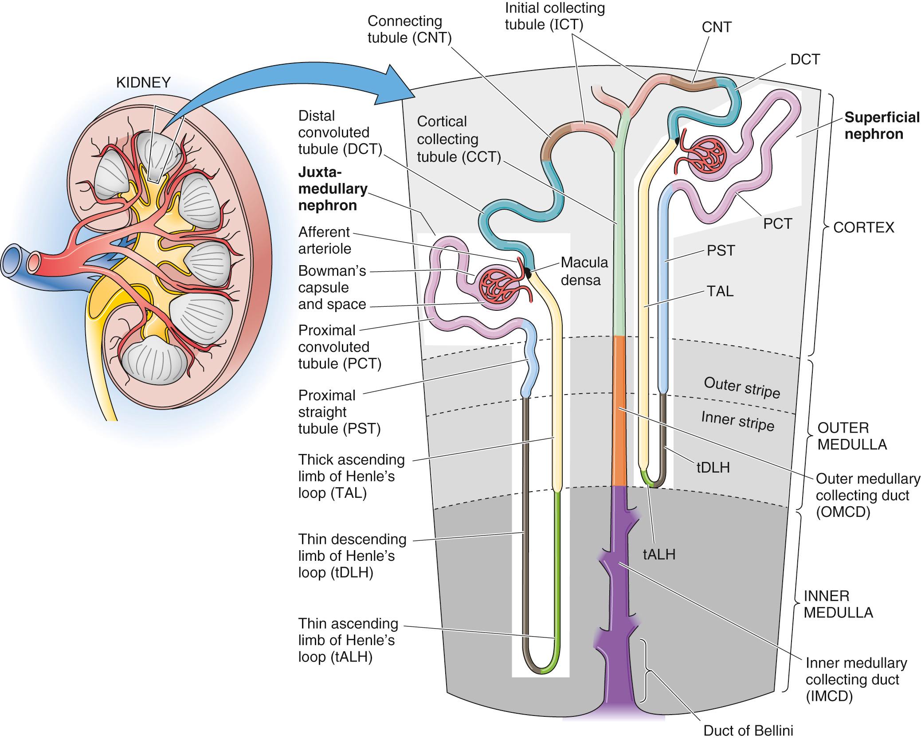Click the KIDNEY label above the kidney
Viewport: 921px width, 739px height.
coord(143,82)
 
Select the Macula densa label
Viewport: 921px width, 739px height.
coord(584,271)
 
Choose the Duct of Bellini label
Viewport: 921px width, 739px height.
coord(748,730)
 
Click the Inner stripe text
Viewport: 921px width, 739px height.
coord(737,421)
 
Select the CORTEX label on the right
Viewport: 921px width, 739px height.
coord(864,227)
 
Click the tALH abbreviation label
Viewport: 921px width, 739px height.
coord(659,554)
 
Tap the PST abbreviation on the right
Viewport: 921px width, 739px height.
coord(721,251)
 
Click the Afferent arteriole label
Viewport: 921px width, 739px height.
coord(324,240)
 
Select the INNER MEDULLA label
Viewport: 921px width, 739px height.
coord(838,604)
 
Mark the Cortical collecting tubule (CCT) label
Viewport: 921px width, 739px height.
coord(458,139)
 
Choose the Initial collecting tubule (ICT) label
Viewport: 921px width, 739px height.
coord(554,16)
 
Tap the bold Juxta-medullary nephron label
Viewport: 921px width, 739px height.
coord(333,188)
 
